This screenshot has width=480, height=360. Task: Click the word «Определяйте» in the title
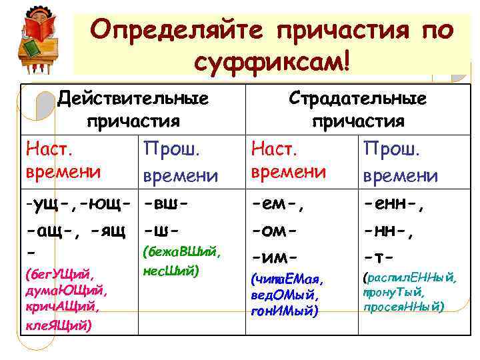click(x=175, y=30)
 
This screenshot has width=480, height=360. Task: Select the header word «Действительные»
click(x=133, y=99)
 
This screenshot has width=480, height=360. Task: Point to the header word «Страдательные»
click(x=357, y=99)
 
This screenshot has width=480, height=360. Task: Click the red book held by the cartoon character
click(x=37, y=29)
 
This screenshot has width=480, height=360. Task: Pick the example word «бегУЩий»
click(x=58, y=275)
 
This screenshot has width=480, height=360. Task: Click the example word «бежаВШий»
click(x=180, y=254)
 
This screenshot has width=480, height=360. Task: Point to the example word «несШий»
click(x=169, y=271)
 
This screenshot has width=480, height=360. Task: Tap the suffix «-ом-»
click(x=275, y=230)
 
